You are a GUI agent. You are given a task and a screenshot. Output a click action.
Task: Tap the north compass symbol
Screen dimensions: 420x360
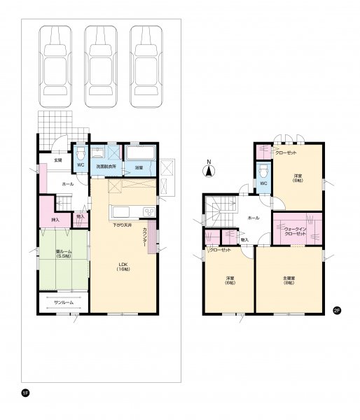(208, 168)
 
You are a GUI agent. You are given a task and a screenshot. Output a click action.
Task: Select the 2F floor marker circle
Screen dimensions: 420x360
(336, 311)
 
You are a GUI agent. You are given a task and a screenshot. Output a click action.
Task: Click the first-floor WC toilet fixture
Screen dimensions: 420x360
(81, 153)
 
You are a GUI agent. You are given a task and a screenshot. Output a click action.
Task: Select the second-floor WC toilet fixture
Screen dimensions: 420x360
(263, 171)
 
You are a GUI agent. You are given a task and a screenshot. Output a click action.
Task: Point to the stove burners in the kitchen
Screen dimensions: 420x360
(149, 213)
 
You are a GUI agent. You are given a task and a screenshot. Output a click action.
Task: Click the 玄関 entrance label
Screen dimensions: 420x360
(57, 160)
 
